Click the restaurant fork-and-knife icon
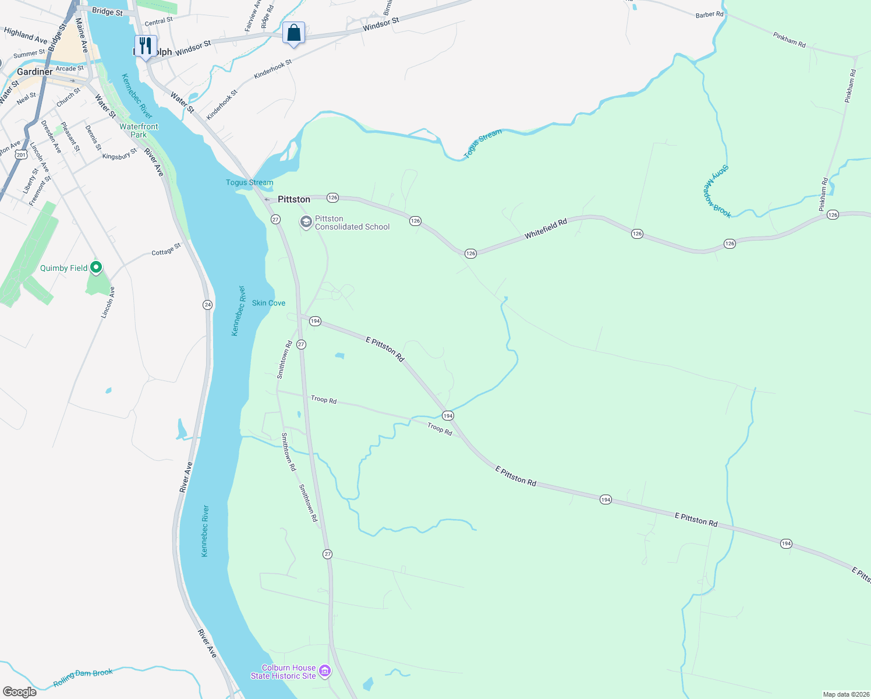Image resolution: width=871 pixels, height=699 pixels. click(145, 45)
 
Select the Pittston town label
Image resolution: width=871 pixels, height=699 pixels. click(294, 199)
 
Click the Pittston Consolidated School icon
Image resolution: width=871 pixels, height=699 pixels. click(306, 223)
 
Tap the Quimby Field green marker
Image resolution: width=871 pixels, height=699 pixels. click(97, 267)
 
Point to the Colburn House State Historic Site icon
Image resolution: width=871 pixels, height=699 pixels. click(325, 672)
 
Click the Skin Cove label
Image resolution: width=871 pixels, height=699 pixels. click(268, 303)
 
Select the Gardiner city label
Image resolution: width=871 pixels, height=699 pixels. click(34, 72)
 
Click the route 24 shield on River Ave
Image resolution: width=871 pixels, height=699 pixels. click(207, 305)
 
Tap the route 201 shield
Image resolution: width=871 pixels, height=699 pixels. click(22, 155)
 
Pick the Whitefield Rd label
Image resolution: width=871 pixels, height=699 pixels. click(546, 229)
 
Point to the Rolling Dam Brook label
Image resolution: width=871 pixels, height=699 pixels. click(83, 677)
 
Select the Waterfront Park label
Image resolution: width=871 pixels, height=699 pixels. click(139, 130)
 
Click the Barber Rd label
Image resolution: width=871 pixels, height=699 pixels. click(709, 15)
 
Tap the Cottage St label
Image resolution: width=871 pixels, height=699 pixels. click(166, 250)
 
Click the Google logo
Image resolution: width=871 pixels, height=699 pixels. click(20, 692)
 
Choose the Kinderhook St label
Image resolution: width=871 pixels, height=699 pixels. click(272, 69)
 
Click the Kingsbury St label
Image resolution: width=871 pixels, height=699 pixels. click(119, 154)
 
